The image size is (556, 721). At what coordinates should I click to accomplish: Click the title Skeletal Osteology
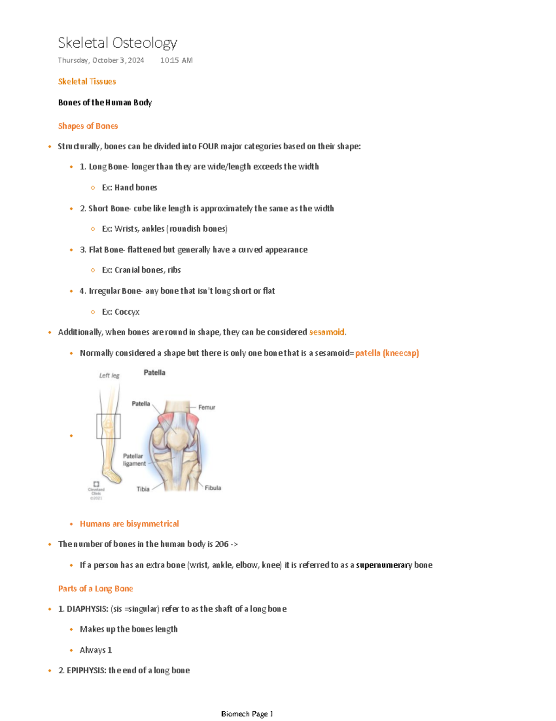point(117,43)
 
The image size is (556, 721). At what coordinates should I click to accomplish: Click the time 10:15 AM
point(176,60)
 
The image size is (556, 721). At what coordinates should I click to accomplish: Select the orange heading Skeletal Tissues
point(87,82)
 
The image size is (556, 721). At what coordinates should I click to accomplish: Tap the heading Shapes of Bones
point(88,126)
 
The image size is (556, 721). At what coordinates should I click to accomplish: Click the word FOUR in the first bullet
point(208,146)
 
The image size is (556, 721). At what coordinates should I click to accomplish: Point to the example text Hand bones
point(135,188)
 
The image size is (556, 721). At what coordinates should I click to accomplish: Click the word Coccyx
point(126,312)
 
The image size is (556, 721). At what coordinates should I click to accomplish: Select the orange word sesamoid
point(326,332)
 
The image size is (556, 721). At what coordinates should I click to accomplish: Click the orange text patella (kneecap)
point(387,353)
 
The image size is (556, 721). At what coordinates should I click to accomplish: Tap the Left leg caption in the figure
point(109,375)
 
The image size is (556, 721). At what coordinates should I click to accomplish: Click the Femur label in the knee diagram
point(207,407)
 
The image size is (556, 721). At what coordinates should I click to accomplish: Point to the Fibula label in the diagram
point(213,488)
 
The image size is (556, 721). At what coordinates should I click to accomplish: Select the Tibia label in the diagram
point(143,489)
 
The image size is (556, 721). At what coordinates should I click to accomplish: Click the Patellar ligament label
point(134,460)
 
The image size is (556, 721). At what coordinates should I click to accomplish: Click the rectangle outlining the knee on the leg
point(108,426)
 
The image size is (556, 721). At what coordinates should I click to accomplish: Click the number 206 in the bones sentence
point(221,544)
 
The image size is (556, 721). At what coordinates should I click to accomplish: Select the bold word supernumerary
point(384,565)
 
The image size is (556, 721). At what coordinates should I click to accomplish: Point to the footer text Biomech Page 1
point(247,714)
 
